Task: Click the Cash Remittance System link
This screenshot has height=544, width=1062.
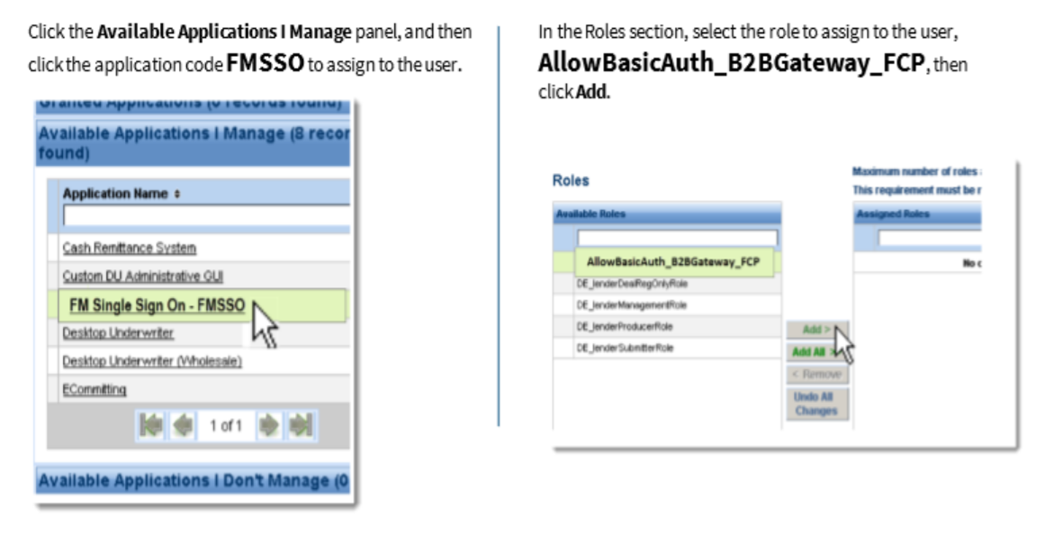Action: (x=129, y=248)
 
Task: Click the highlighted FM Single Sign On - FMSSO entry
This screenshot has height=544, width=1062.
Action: (x=157, y=305)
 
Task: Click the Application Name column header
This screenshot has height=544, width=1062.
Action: (x=108, y=194)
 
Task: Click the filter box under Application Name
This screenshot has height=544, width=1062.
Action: (x=205, y=216)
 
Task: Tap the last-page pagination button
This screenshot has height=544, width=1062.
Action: (x=300, y=425)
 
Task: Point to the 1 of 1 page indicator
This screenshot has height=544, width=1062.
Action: (x=225, y=425)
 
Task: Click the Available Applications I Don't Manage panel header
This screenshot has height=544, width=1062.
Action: (x=193, y=482)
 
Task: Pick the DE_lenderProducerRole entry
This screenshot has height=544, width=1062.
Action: (x=625, y=327)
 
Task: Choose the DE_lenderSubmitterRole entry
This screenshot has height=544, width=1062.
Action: (x=625, y=349)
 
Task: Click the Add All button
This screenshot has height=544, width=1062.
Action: (x=809, y=352)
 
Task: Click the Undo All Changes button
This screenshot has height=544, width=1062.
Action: (x=815, y=403)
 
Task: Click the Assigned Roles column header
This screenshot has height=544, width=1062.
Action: (x=893, y=214)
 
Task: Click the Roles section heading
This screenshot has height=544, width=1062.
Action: (x=571, y=181)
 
